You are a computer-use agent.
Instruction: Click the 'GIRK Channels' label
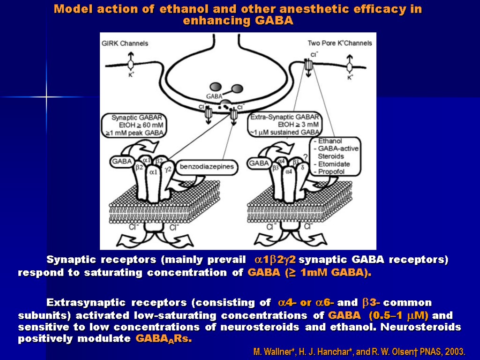(125, 43)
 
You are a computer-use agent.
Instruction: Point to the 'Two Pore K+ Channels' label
(340, 43)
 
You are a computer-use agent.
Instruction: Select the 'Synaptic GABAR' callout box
(134, 125)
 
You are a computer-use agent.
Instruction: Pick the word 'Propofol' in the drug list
(331, 172)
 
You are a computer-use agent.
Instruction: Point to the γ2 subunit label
(169, 167)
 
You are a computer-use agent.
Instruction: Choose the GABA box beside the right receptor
(259, 164)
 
